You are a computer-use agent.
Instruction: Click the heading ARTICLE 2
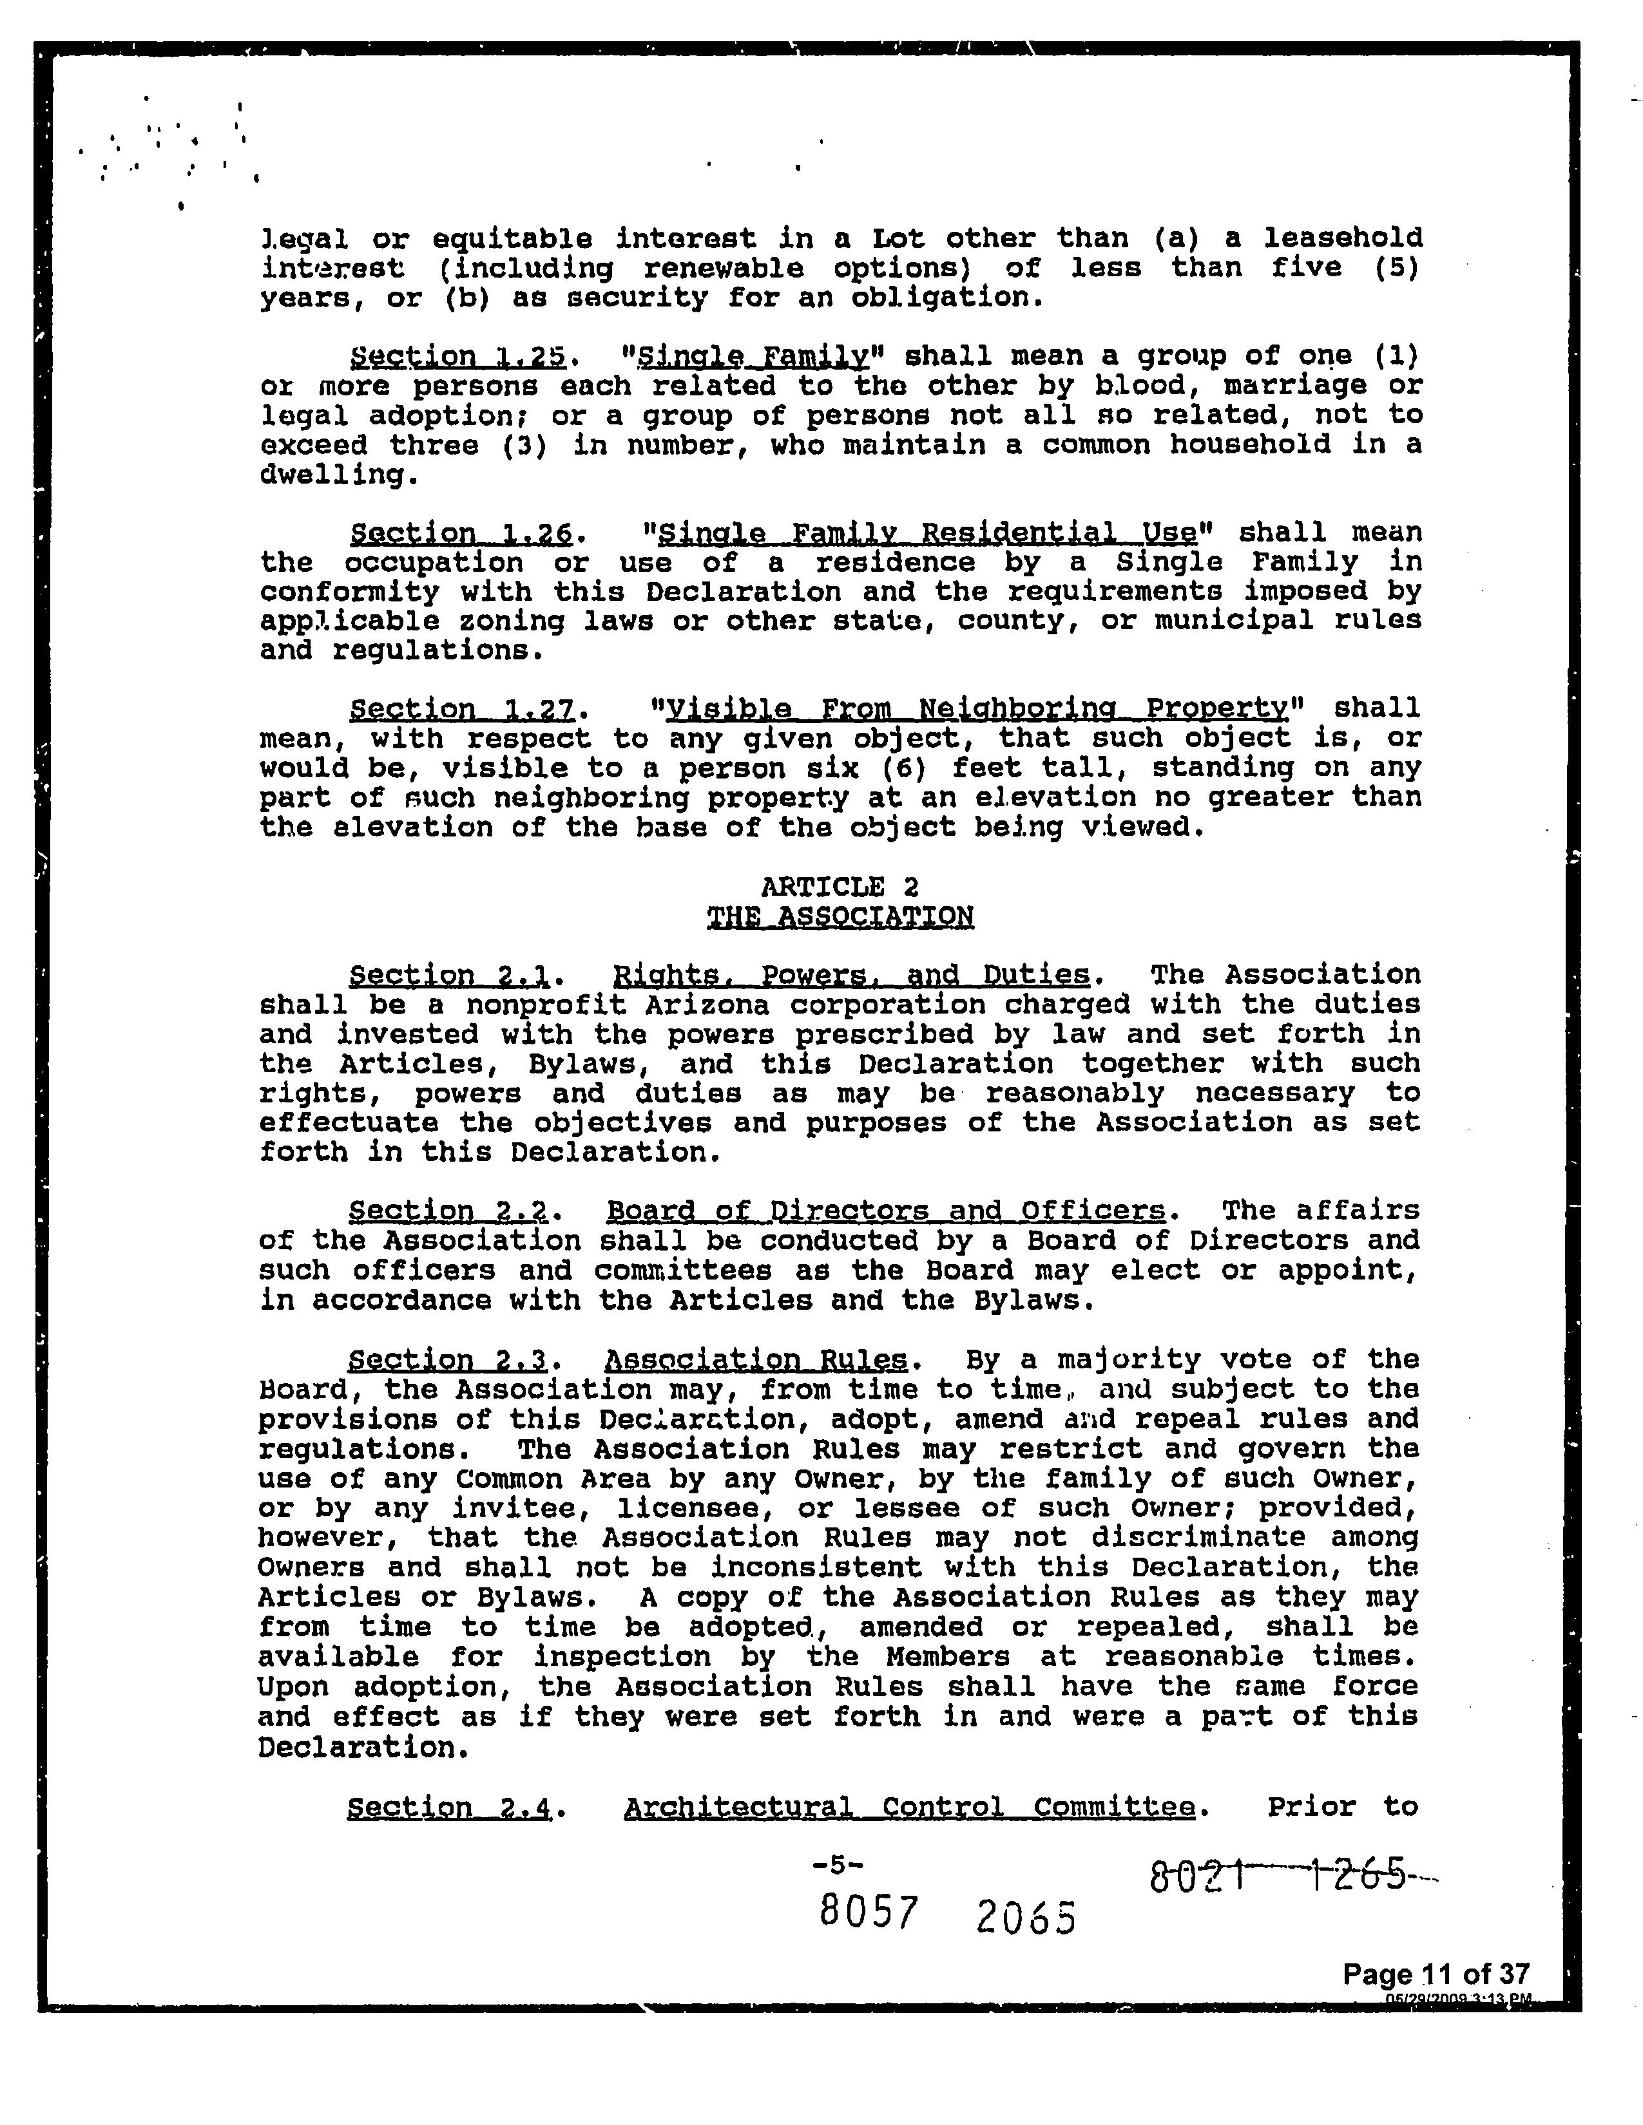tap(839, 887)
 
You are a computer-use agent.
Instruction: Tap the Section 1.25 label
tap(457, 357)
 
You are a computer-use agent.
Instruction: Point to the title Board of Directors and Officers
tap(886, 1211)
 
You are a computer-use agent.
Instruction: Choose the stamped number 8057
tap(869, 1913)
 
